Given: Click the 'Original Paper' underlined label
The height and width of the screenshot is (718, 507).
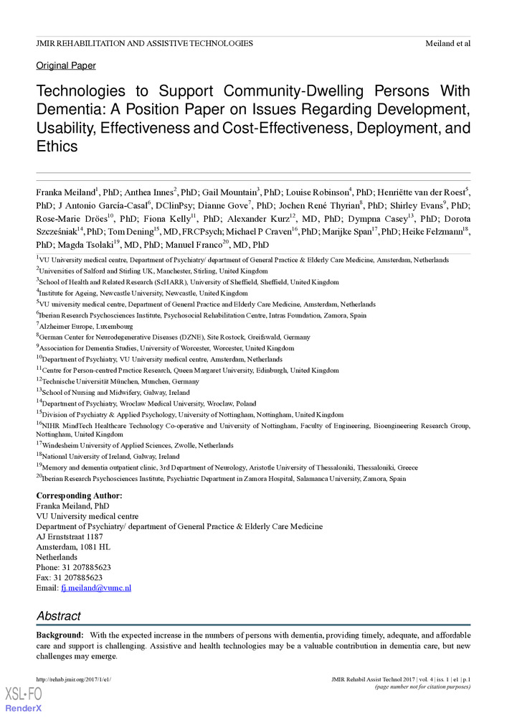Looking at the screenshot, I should [x=66, y=65].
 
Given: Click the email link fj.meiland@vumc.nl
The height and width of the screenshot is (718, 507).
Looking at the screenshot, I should [x=96, y=587].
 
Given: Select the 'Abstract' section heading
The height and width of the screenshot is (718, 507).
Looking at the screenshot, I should [x=59, y=616].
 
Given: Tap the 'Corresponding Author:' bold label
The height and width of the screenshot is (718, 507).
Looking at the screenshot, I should [x=79, y=495].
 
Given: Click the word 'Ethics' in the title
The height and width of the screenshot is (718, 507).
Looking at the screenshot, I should [x=57, y=146].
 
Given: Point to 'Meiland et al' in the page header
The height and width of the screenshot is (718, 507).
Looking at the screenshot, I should [x=447, y=44].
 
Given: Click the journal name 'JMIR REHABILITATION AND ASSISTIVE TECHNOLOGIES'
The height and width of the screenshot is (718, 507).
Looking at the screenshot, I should [x=144, y=44].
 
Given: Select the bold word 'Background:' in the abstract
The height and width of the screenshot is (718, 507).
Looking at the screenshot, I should [x=60, y=635].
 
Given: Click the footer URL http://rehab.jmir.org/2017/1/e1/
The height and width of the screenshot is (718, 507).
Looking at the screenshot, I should [x=74, y=679].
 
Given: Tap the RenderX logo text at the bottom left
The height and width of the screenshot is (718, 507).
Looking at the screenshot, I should [x=24, y=707].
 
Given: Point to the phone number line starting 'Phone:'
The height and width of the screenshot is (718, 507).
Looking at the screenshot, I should [x=73, y=567].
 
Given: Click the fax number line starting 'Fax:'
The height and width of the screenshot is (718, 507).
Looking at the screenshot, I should [x=69, y=577].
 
